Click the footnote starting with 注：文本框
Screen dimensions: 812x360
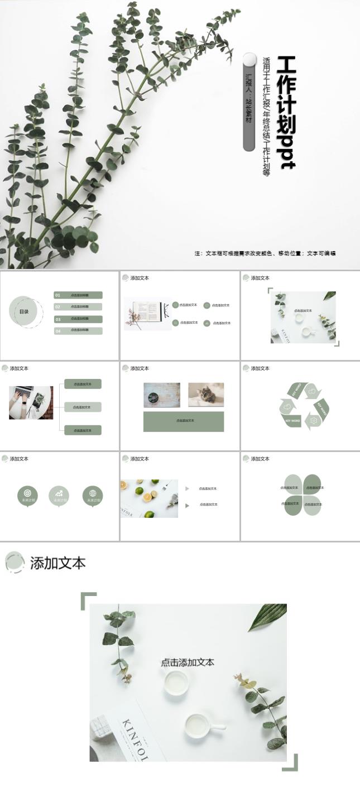[265, 253]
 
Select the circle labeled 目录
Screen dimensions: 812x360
[24, 311]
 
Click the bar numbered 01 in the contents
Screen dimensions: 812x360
[78, 295]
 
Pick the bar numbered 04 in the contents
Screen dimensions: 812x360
[78, 331]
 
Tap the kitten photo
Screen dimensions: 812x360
[206, 395]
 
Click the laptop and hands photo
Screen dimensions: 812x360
[31, 402]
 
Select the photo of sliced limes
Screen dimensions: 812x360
[148, 498]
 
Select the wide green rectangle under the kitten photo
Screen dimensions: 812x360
[184, 421]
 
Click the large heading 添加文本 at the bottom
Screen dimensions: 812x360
[58, 563]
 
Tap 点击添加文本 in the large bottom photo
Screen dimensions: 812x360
[188, 663]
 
